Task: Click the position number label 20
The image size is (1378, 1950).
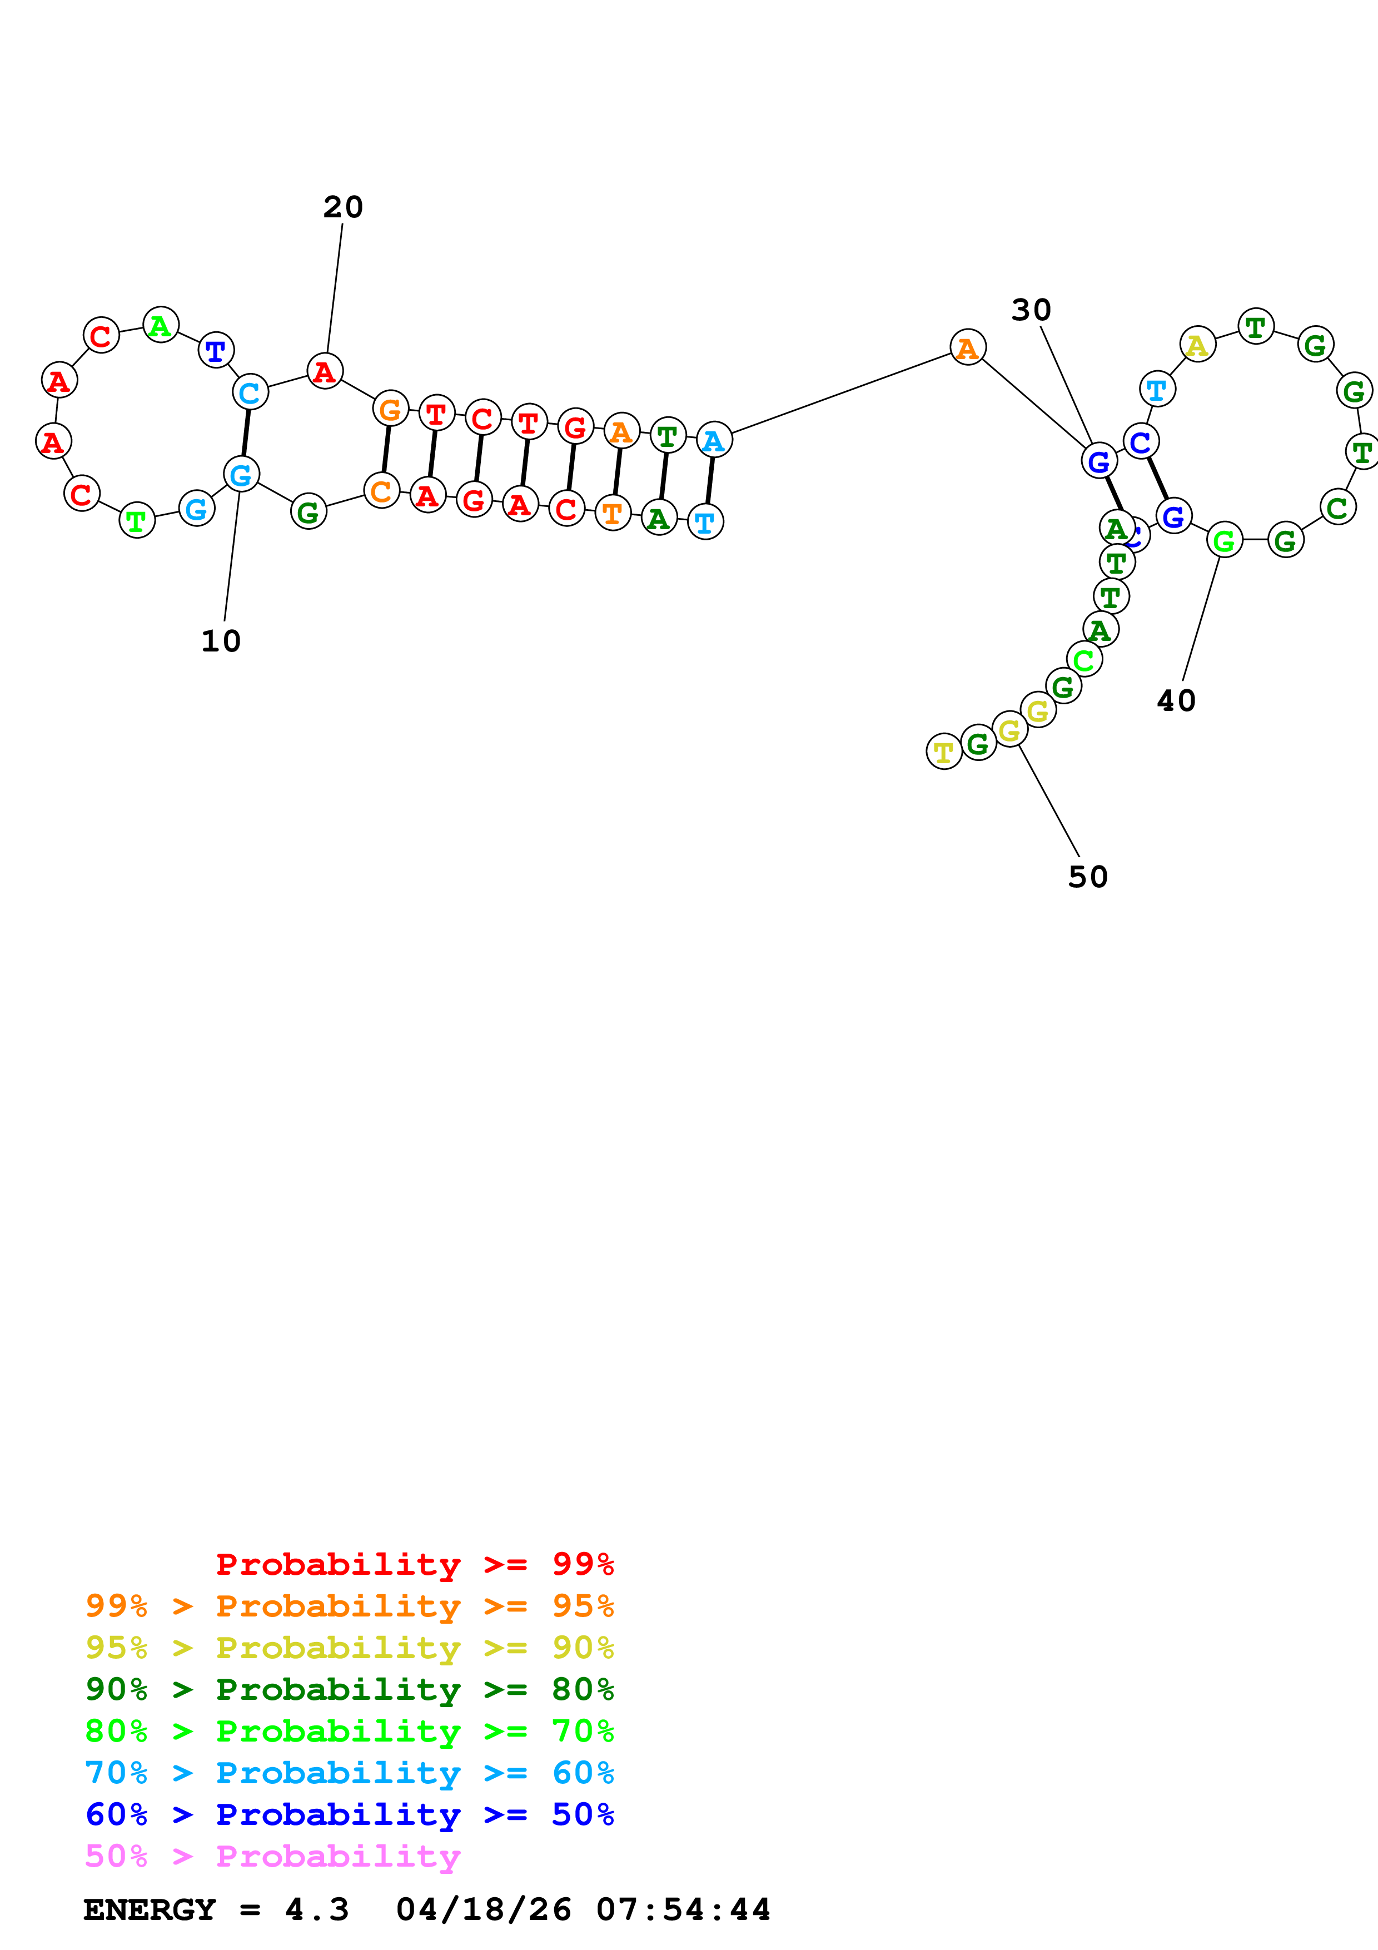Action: tap(343, 207)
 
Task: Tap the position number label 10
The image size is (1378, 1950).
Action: tap(221, 641)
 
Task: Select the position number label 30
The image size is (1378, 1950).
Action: tap(1031, 310)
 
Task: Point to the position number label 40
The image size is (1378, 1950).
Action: tap(1176, 700)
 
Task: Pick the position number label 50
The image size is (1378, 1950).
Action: tap(1088, 877)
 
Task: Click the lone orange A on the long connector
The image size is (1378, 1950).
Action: tap(967, 347)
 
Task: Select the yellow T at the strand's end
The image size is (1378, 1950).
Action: tap(943, 752)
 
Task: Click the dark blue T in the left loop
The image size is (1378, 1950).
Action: tap(216, 349)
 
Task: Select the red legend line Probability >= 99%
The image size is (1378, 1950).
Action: tap(414, 1564)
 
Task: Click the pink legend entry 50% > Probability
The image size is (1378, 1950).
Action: tap(272, 1857)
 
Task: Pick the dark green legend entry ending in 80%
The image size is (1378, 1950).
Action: tap(349, 1690)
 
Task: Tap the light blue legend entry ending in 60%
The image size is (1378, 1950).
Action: tap(349, 1773)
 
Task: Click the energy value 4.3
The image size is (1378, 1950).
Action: tap(317, 1910)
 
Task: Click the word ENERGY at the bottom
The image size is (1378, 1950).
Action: tap(150, 1910)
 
